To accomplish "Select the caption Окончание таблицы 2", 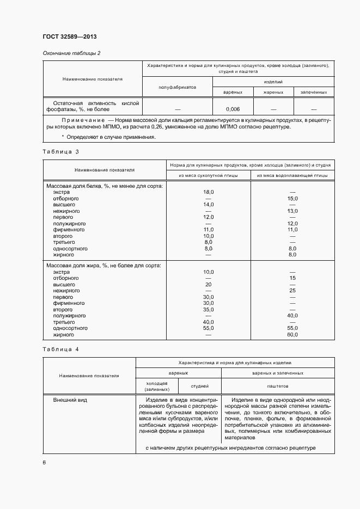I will tap(71, 53).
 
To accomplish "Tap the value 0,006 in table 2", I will tap(233, 109).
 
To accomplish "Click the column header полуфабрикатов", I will tap(177, 87).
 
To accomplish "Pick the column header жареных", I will tap(273, 93).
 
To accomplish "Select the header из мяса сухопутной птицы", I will tap(208, 175).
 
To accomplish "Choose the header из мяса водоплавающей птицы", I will tap(292, 175).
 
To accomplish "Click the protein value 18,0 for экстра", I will tap(208, 192).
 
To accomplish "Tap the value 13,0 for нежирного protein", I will tap(292, 211).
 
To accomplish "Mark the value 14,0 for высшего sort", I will tap(208, 205).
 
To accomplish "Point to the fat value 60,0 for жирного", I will tap(292, 334).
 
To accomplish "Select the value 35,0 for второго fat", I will tap(208, 309).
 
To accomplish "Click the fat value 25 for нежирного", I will tap(292, 291).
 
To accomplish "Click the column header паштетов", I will tap(278, 386).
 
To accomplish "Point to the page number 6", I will tap(44, 462).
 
